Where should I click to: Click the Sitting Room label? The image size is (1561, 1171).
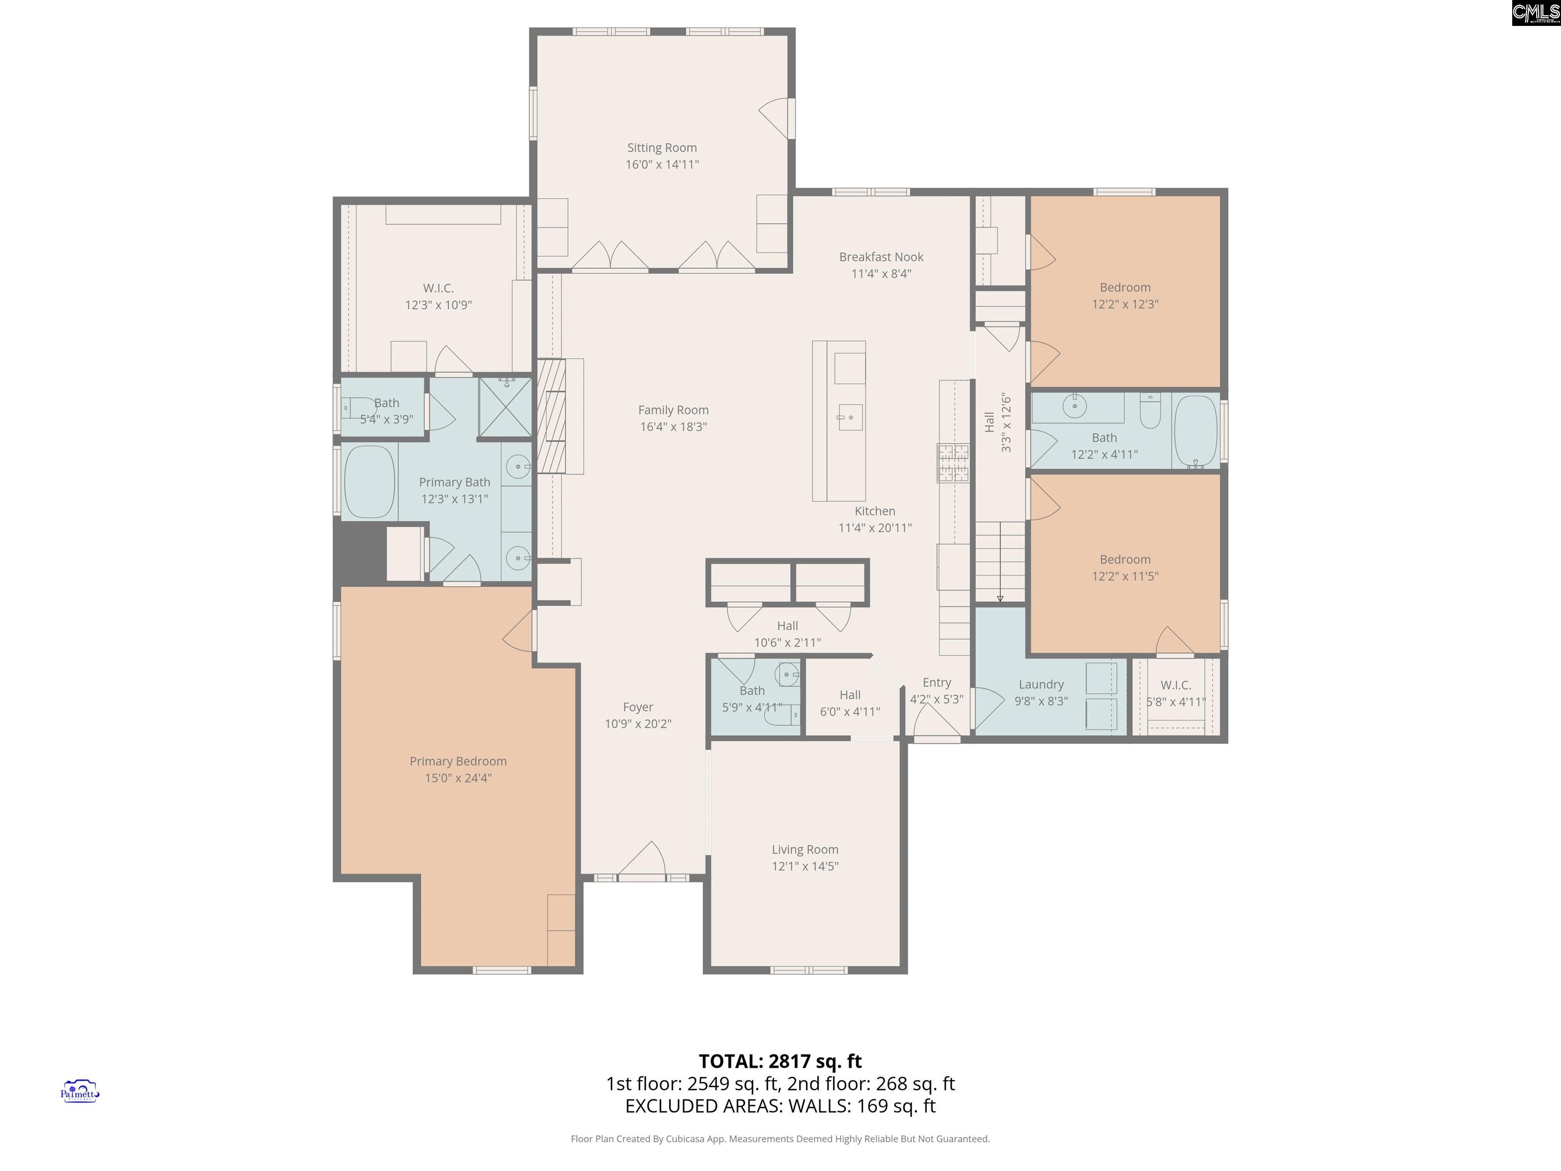(662, 147)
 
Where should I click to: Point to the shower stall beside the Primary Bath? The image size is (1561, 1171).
(505, 409)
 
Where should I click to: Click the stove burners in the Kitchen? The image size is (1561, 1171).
(953, 463)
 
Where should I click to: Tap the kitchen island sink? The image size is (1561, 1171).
(850, 417)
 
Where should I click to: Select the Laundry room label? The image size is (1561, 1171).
(1041, 685)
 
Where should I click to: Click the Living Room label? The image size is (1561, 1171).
(804, 850)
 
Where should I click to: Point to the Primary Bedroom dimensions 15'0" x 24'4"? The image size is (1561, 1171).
(458, 778)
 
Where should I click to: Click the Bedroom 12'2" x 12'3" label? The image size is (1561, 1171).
(1125, 287)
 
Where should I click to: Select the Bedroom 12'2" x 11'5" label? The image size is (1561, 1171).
(1125, 560)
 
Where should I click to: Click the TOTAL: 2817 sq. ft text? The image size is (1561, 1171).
(780, 1061)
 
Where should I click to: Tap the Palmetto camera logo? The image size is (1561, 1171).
(80, 1091)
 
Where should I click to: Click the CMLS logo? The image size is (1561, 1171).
(1536, 13)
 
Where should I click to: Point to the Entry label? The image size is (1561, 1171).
(936, 683)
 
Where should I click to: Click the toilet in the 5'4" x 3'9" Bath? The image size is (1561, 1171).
(359, 408)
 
